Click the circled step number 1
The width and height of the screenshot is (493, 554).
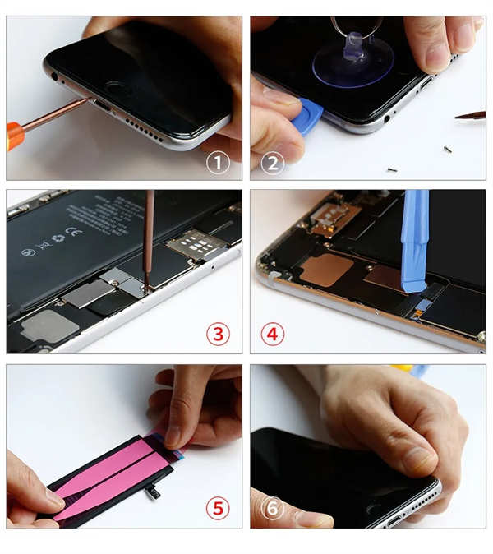coord(218,162)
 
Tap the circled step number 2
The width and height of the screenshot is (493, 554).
coord(272,162)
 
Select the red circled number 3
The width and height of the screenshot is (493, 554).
coord(218,335)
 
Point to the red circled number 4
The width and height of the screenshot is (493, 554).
coord(273,335)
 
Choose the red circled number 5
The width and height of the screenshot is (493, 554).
coord(218,509)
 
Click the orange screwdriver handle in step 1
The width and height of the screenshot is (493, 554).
coord(14,134)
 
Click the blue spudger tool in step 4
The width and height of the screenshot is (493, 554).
coord(413,238)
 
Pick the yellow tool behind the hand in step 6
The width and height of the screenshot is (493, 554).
coord(403,369)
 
